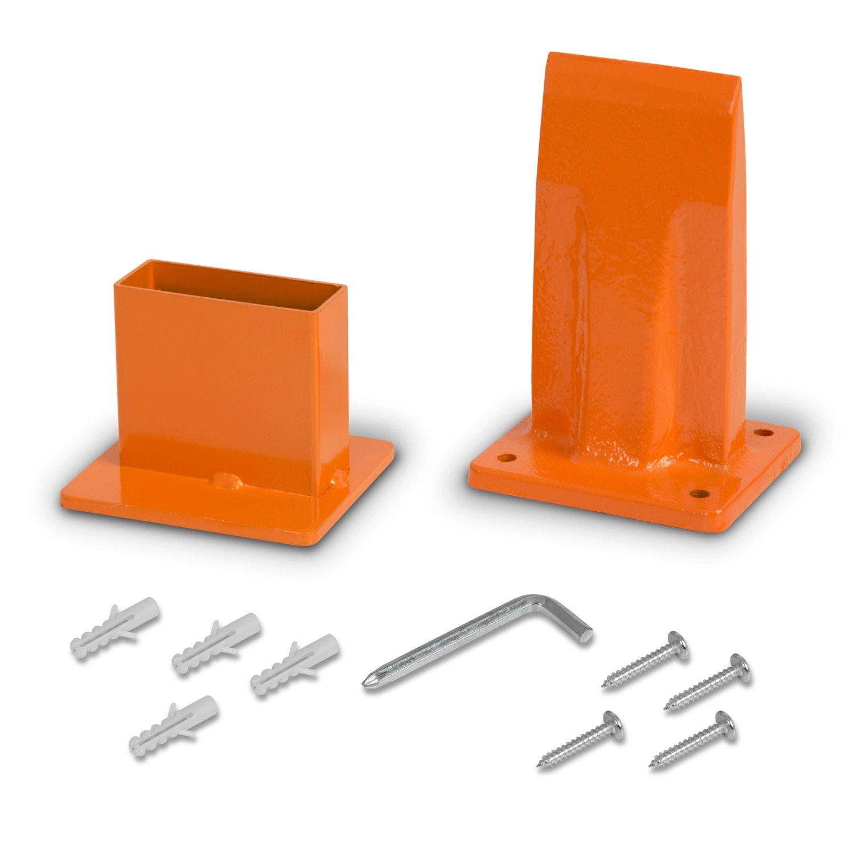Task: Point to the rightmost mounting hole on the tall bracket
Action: pyautogui.click(x=764, y=433)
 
